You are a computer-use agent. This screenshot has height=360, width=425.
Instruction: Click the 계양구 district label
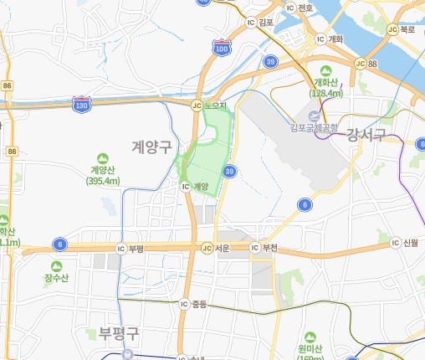[151, 147]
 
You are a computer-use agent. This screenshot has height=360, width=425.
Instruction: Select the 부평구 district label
[118, 334]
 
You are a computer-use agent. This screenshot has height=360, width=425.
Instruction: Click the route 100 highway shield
[221, 49]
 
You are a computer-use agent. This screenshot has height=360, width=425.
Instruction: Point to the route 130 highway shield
[82, 105]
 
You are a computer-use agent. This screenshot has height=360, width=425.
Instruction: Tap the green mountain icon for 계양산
[104, 157]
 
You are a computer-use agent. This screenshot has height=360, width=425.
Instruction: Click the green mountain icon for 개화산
[326, 71]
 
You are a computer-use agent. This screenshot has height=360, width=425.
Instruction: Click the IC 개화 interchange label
[328, 39]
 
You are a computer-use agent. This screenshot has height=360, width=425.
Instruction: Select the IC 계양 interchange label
[194, 186]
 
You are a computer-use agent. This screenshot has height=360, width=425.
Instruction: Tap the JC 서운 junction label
[215, 248]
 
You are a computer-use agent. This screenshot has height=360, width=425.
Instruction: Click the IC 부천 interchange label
[264, 248]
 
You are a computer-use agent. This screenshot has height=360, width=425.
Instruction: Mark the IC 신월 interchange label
[404, 243]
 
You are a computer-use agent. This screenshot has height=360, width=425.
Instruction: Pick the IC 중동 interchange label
[192, 303]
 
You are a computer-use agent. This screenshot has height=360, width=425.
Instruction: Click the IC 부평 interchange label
[131, 249]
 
